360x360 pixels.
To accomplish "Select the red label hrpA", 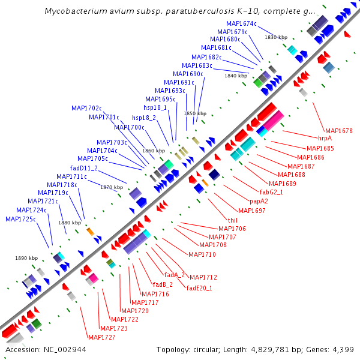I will pyautogui.click(x=325, y=138).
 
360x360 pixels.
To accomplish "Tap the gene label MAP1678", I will pyautogui.click(x=338, y=130).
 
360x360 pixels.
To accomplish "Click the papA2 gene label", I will pyautogui.click(x=259, y=201).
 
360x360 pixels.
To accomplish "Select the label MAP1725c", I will pyautogui.click(x=20, y=219).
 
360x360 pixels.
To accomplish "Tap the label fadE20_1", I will pyautogui.click(x=199, y=288).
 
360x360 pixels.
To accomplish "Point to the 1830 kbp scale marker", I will pyautogui.click(x=276, y=37).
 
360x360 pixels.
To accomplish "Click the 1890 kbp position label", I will pyautogui.click(x=26, y=258).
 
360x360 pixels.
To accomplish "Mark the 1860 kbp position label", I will pyautogui.click(x=153, y=151).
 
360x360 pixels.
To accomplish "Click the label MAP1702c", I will pyautogui.click(x=86, y=108).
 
